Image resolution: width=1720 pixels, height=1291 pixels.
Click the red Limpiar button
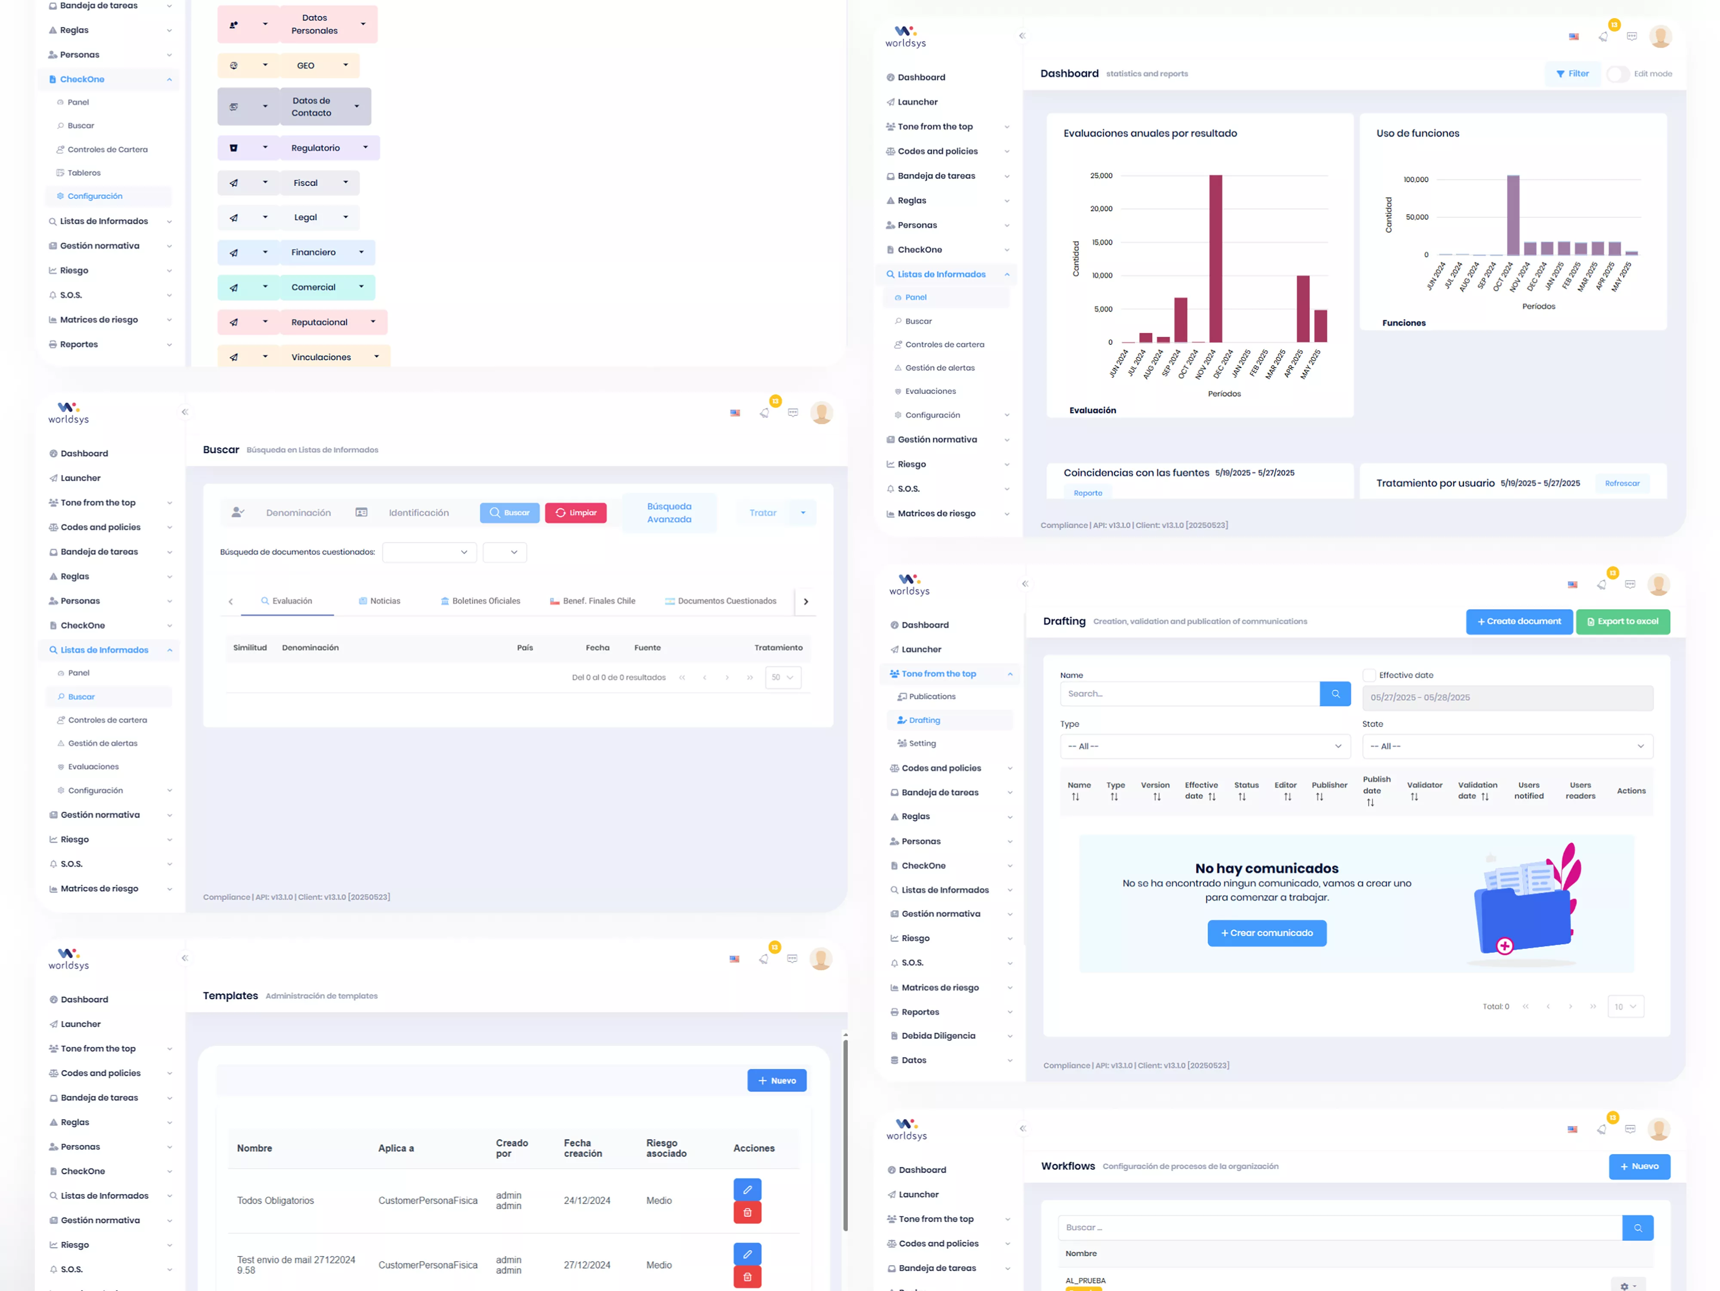pos(575,512)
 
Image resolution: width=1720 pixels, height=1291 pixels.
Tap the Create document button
pos(1519,621)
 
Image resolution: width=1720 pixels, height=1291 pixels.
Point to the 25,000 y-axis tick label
pos(1101,176)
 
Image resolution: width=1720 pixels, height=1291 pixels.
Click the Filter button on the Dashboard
pos(1572,74)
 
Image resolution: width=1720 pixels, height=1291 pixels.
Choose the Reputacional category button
pos(319,322)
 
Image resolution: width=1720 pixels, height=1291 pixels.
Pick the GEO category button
pos(306,65)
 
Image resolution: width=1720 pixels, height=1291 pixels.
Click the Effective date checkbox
pos(1369,675)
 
